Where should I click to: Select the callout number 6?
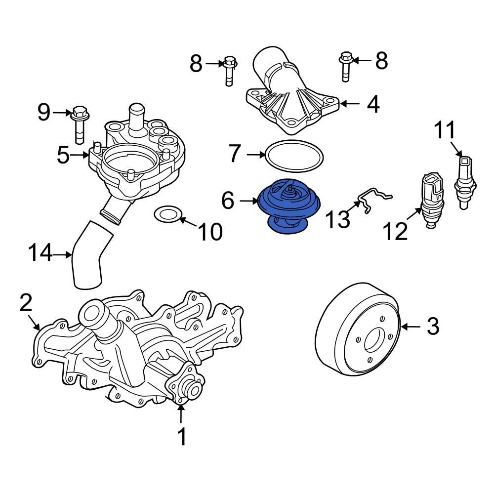[228, 201]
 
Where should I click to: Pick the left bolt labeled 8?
[229, 71]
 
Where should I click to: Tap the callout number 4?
[372, 104]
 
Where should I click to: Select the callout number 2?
[26, 302]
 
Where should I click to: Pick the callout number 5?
[63, 155]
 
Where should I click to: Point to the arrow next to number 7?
[256, 155]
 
